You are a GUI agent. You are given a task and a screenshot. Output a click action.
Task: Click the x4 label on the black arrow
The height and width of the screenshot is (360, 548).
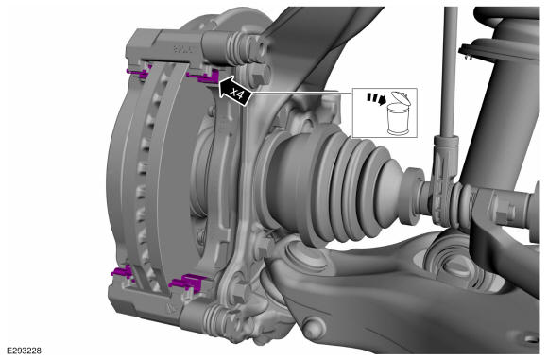[236, 94]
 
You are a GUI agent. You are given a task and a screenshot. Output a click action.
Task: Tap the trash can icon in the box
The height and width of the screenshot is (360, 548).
[399, 117]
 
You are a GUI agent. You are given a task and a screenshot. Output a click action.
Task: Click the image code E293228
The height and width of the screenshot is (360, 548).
[24, 351]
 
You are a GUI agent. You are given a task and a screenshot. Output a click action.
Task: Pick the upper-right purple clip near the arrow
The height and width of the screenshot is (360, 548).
[204, 76]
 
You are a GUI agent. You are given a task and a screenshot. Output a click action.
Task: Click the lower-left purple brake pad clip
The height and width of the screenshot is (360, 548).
[122, 271]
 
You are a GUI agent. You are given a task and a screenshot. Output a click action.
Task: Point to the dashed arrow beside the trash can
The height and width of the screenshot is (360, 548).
[376, 98]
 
